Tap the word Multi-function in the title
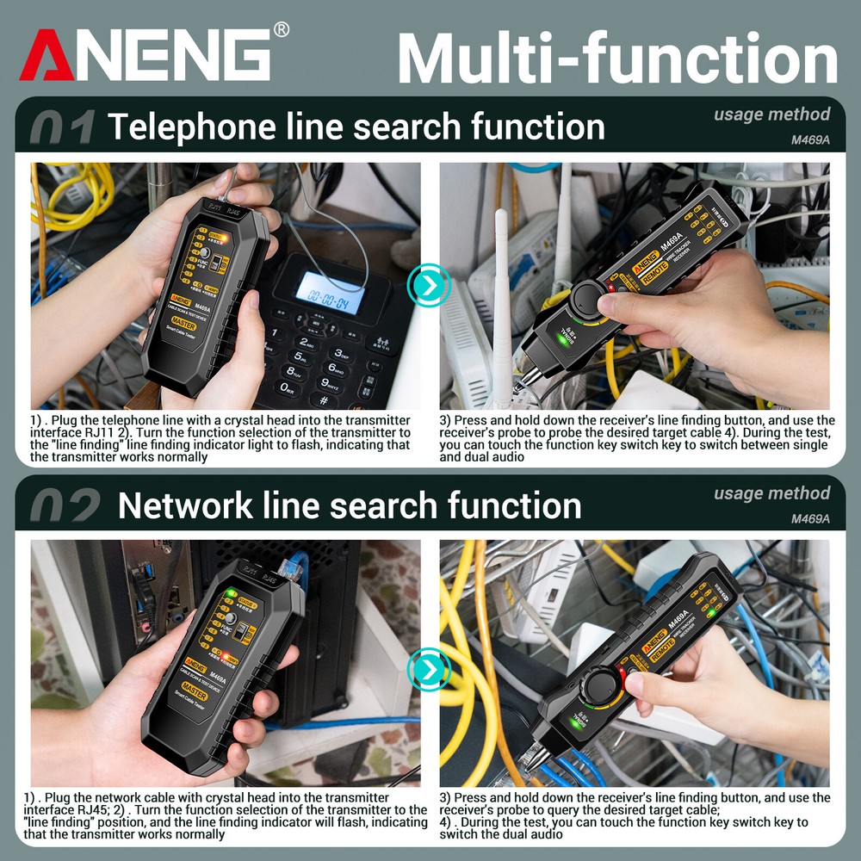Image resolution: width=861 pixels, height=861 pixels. tap(616, 58)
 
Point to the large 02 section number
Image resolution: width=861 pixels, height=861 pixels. tap(65, 507)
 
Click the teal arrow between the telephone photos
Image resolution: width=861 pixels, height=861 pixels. tap(429, 284)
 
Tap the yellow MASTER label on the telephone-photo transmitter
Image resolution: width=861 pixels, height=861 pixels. tap(183, 325)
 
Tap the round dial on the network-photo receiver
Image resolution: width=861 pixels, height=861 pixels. tap(596, 689)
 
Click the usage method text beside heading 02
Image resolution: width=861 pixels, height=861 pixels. tap(771, 493)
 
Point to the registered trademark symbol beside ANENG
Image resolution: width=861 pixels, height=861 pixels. tap(281, 30)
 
